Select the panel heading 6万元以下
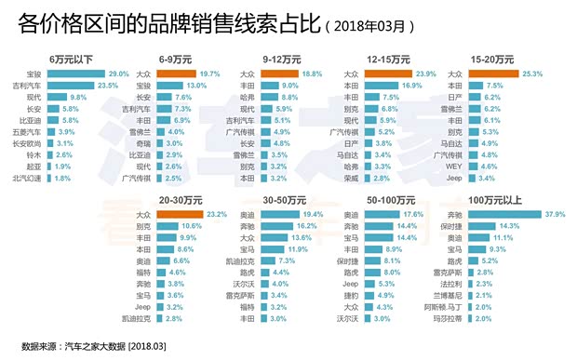tap(70, 58)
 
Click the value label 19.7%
tap(209, 73)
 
